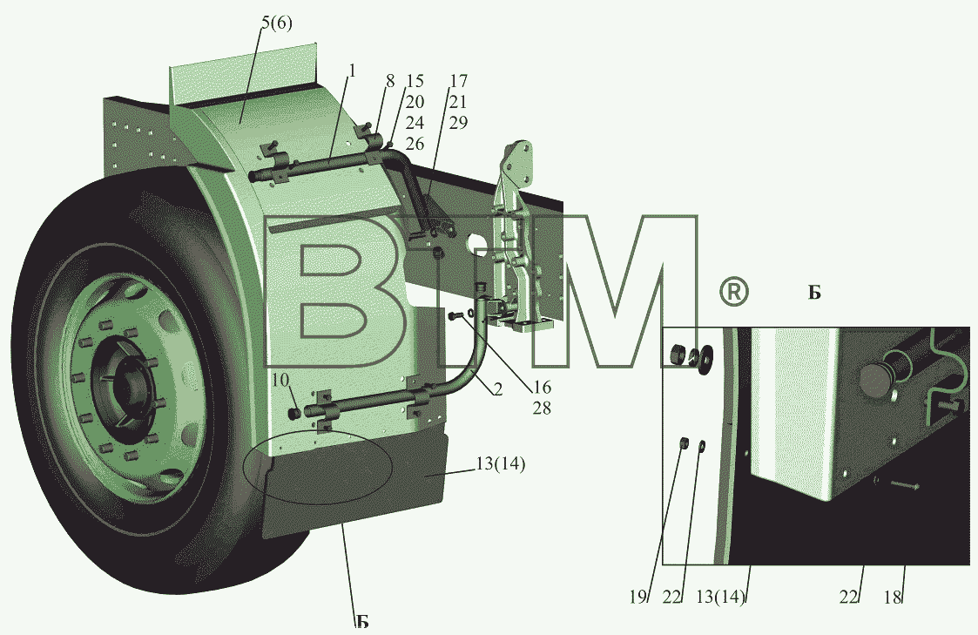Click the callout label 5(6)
[276, 24]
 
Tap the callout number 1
[352, 71]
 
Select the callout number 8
[390, 81]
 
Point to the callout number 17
[458, 81]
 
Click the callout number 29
[458, 123]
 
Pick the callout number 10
[280, 379]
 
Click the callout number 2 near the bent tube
[497, 390]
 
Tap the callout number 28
[542, 409]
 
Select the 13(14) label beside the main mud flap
[500, 464]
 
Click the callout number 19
[638, 597]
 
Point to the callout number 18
[894, 597]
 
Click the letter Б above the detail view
[814, 293]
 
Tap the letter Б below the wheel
[362, 621]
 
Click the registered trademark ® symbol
[734, 292]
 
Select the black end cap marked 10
[293, 413]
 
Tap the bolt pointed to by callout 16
[455, 317]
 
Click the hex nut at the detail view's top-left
[678, 355]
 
